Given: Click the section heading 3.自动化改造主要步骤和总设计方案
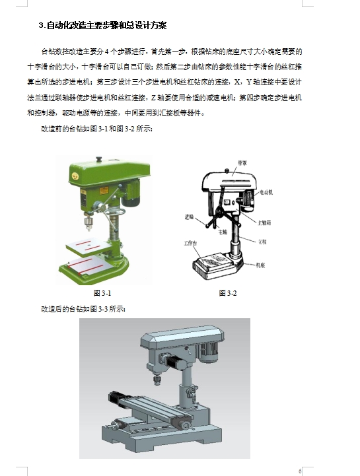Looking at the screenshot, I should pos(104,26).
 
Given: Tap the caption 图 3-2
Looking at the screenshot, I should pos(227,293).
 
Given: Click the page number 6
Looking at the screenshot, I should pos(299,471).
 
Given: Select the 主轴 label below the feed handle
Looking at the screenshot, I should pos(222,232).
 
